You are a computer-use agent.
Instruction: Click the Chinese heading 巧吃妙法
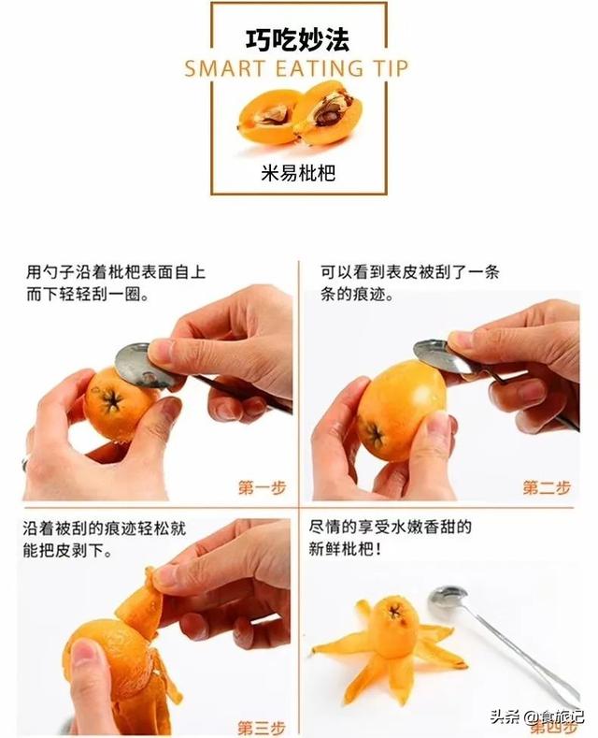click(x=298, y=40)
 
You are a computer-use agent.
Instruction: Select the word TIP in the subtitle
click(x=392, y=69)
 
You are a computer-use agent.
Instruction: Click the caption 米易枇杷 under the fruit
click(x=298, y=173)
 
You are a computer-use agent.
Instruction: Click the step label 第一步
click(x=263, y=487)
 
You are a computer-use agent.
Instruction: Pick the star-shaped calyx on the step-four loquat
click(x=394, y=612)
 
